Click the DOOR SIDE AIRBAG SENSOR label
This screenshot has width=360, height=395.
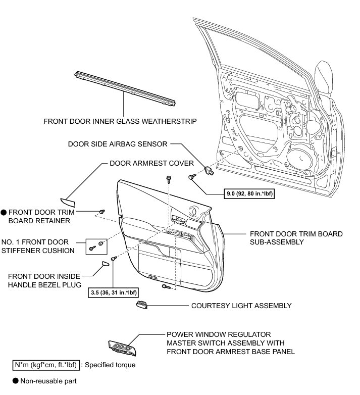118,144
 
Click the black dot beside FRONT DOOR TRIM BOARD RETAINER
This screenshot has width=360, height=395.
3,213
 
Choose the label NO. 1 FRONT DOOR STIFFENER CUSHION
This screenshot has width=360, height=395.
41,246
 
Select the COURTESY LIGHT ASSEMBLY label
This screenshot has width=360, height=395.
241,306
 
